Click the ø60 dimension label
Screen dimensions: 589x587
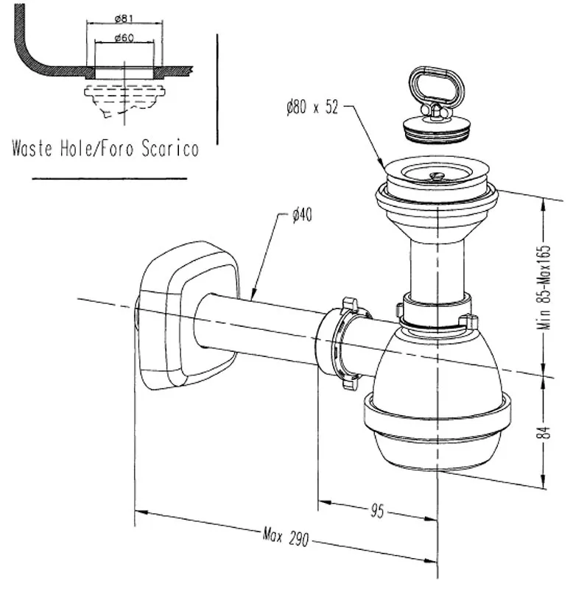tap(123, 38)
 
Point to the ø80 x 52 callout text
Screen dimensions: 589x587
tap(312, 108)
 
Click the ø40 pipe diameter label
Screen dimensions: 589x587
tap(302, 215)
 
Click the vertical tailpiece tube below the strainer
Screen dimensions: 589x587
tap(437, 265)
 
